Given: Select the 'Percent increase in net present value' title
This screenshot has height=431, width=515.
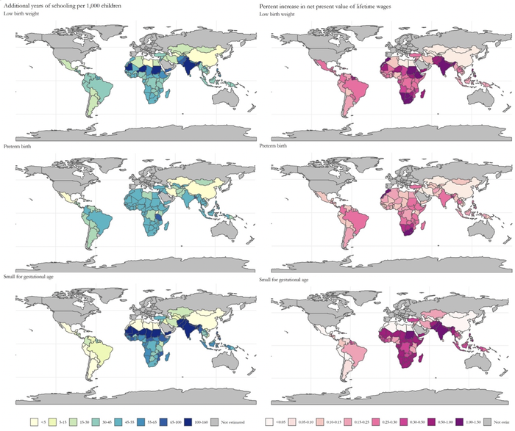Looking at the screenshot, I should click(332, 6).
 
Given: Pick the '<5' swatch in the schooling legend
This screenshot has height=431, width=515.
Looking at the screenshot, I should click(35, 422).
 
